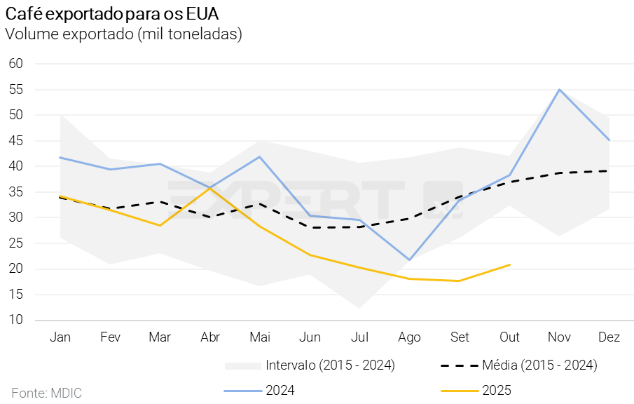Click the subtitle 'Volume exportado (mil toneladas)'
click(x=123, y=34)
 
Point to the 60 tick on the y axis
click(x=16, y=64)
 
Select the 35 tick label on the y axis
click(x=16, y=192)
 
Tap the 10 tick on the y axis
click(x=16, y=321)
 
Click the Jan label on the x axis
click(x=60, y=337)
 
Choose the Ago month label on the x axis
click(x=409, y=337)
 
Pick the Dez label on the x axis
click(x=609, y=337)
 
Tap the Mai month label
click(x=260, y=337)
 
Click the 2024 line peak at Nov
click(x=560, y=89)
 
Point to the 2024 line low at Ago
click(x=410, y=260)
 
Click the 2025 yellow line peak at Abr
click(x=210, y=188)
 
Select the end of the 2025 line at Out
click(x=510, y=264)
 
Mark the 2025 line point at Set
click(x=460, y=281)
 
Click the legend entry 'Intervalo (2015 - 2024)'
click(x=330, y=365)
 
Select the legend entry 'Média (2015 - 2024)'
click(x=539, y=365)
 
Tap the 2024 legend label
click(x=280, y=391)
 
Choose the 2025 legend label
click(x=497, y=391)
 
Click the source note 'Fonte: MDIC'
click(x=47, y=392)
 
